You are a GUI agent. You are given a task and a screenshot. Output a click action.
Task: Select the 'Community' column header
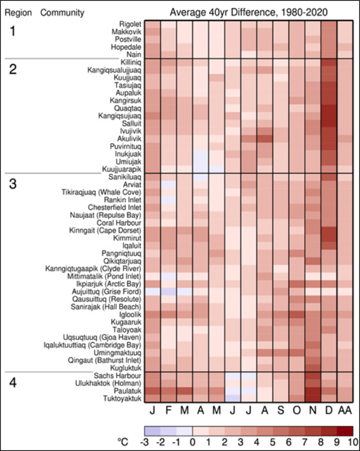point(55,11)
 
